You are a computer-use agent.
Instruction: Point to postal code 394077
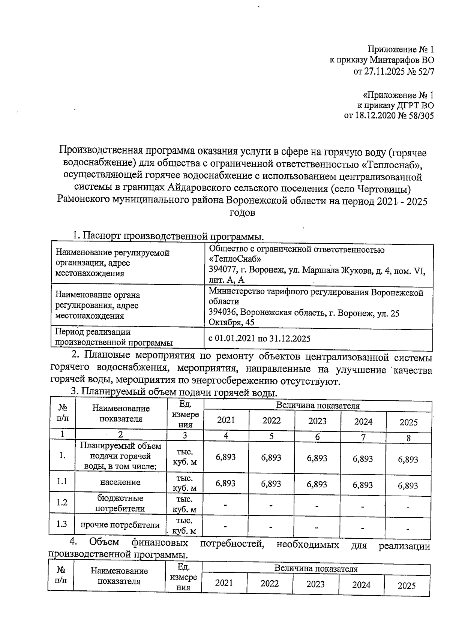pyautogui.click(x=223, y=270)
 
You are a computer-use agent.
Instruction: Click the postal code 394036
pyautogui.click(x=223, y=313)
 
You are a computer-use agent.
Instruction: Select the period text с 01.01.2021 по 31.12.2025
pyautogui.click(x=259, y=339)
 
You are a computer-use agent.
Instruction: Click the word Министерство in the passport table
pyautogui.click(x=234, y=292)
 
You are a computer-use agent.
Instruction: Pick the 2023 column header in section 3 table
pyautogui.click(x=317, y=421)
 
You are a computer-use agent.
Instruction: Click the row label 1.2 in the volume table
pyautogui.click(x=62, y=503)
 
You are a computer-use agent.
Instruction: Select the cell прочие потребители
pyautogui.click(x=120, y=525)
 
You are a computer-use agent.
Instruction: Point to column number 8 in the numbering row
pyautogui.click(x=408, y=437)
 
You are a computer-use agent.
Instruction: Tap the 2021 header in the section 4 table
pyautogui.click(x=224, y=583)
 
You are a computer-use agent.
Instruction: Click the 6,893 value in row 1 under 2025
pyautogui.click(x=408, y=460)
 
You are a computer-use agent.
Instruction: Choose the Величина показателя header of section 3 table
pyautogui.click(x=318, y=406)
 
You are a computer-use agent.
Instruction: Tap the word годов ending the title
pyautogui.click(x=242, y=213)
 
